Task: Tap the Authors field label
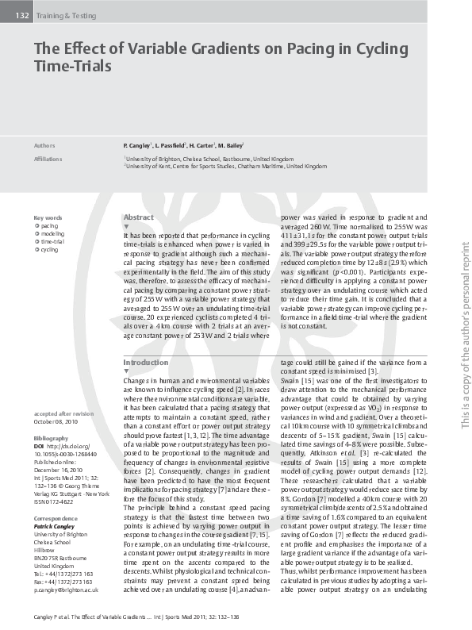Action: [44, 147]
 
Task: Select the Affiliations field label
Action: [48, 159]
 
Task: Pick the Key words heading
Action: [48, 217]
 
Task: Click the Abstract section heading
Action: [139, 217]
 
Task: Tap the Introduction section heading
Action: [146, 362]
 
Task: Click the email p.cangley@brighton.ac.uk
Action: [66, 590]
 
